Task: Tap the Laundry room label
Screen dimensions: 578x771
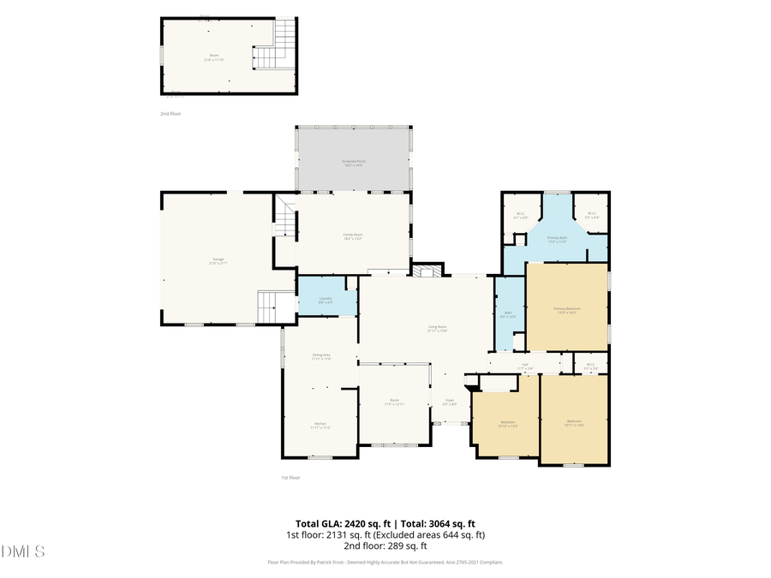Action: (326, 300)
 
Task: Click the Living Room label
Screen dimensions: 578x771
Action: (439, 328)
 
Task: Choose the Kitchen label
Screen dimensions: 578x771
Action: (320, 425)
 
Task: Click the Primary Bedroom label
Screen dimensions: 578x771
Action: (567, 310)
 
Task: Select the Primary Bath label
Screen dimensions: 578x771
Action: (557, 240)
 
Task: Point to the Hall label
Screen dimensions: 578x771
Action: (524, 366)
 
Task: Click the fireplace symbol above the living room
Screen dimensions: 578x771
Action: (426, 271)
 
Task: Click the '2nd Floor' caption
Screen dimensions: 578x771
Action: (170, 113)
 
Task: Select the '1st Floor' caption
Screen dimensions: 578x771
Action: (291, 477)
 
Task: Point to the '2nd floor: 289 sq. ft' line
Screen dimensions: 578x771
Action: (385, 545)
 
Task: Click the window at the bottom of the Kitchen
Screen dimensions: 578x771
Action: (320, 457)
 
